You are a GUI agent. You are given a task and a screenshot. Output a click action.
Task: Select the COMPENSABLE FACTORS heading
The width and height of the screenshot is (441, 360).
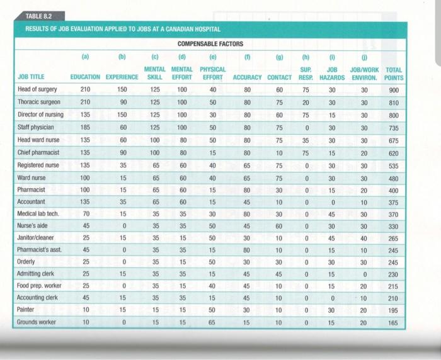tap(210, 43)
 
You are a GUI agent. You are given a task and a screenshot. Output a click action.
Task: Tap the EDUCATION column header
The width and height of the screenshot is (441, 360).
tap(86, 77)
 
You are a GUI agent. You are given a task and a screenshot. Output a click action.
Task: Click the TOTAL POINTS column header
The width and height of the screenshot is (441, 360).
tap(394, 73)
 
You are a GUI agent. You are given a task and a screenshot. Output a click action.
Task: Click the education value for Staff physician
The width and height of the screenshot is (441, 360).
tap(86, 127)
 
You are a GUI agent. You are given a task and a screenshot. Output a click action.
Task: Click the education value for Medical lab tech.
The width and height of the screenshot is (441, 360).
tap(86, 214)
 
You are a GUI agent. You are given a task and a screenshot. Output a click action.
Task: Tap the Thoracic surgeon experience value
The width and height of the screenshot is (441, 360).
tap(123, 101)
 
